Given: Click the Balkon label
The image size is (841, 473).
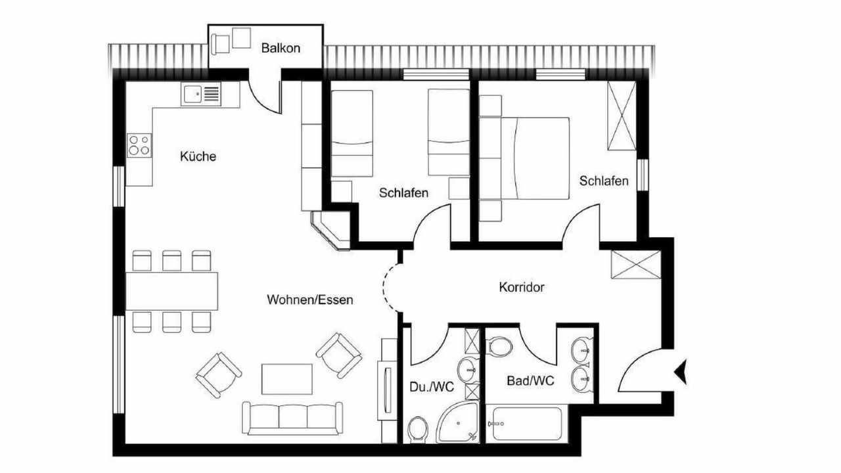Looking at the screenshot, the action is point(281,48).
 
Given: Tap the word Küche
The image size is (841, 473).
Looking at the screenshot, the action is point(198,156).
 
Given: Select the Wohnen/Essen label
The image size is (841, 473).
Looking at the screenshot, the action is point(309,300).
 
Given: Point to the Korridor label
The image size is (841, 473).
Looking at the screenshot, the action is point(522,287).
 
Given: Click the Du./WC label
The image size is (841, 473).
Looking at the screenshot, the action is point(432,387).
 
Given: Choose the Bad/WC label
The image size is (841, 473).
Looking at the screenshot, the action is point(530,380).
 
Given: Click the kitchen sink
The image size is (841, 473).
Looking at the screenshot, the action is point(201,94).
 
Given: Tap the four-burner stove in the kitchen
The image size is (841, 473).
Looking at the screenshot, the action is point(139,145).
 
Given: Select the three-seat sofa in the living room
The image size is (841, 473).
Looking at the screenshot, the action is point(292,418).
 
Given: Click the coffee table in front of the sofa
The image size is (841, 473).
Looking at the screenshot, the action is point(287,379).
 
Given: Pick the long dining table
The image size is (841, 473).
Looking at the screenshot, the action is point(171,291).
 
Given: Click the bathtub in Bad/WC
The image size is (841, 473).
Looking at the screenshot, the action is point(527,424).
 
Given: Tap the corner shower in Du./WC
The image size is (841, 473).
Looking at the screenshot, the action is point(458,422).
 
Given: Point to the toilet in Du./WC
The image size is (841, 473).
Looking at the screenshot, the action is point(417,428).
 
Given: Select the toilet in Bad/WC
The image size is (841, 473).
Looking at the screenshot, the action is point(499,346).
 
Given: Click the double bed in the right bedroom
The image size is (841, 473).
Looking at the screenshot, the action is point(524,158).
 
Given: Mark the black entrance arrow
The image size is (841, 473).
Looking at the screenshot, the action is point(681,372).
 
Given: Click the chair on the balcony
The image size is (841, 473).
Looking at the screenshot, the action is point(220,45).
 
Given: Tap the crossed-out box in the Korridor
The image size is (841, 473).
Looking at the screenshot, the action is point(635,265).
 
